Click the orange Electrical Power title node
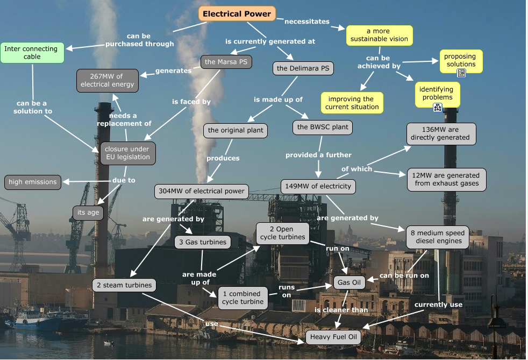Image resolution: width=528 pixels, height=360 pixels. tap(237, 14)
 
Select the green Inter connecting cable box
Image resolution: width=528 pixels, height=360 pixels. tap(32, 53)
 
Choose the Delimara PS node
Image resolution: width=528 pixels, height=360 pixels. tap(303, 68)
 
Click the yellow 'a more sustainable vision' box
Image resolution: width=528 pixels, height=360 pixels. tap(379, 35)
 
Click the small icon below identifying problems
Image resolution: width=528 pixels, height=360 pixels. tap(437, 107)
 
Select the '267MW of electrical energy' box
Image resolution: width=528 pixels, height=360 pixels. tap(108, 80)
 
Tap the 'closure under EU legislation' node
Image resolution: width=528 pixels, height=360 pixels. tap(127, 153)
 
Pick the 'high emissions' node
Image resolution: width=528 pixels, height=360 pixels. tap(33, 182)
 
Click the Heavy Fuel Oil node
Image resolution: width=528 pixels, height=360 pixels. tap(333, 337)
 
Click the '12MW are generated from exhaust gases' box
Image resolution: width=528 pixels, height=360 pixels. tap(446, 179)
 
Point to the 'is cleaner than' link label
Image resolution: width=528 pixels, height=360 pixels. tap(341, 309)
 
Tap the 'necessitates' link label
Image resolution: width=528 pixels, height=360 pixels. tap(306, 22)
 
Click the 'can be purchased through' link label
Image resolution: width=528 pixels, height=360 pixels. tap(140, 40)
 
